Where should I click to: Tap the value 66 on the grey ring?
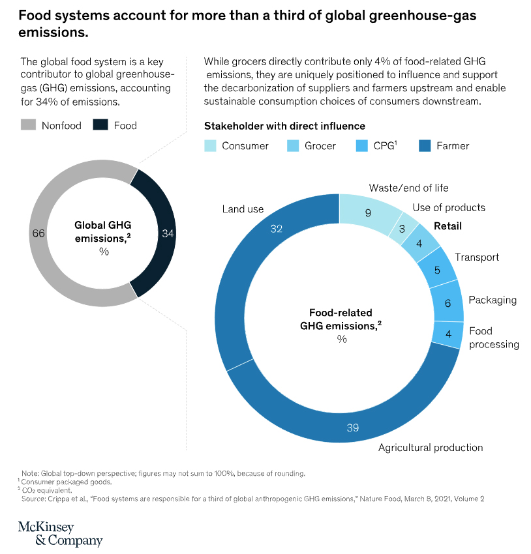[x=38, y=233]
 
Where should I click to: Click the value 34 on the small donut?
[x=168, y=233]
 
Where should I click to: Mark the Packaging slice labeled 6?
[x=448, y=303]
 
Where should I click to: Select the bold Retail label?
[x=448, y=226]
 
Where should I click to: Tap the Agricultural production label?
[x=431, y=448]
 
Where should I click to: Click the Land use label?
[x=243, y=209]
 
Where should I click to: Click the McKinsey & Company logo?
[x=60, y=534]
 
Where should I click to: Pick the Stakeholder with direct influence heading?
[x=284, y=126]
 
